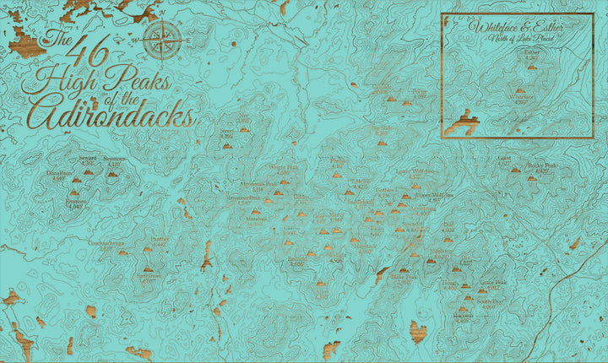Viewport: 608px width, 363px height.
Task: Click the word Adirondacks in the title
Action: click(x=108, y=113)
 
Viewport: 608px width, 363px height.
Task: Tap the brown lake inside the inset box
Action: click(x=462, y=123)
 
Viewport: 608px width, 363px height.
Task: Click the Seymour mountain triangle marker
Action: click(x=112, y=174)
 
